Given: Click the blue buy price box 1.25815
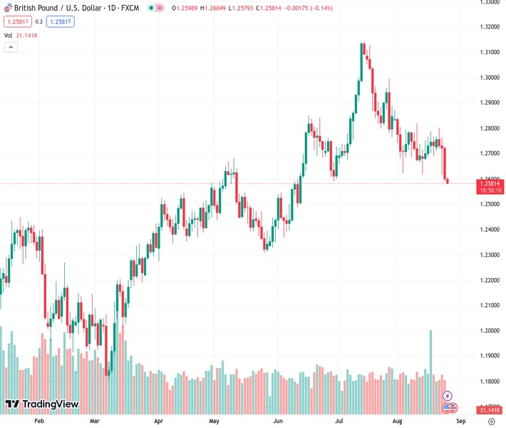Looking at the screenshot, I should point(61,21).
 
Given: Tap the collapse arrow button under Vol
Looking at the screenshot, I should point(11,47).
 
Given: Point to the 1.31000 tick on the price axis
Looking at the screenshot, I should point(489,53).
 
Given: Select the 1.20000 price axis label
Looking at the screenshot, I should point(489,331).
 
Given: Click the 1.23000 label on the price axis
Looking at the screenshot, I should point(489,255).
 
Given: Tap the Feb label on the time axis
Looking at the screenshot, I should point(39,422).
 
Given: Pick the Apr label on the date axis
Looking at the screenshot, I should point(158,422).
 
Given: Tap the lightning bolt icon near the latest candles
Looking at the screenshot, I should point(448,395).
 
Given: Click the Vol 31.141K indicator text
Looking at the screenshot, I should point(21,35).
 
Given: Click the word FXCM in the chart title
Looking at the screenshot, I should point(128,8).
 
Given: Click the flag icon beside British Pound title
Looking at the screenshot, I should point(7,8).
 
